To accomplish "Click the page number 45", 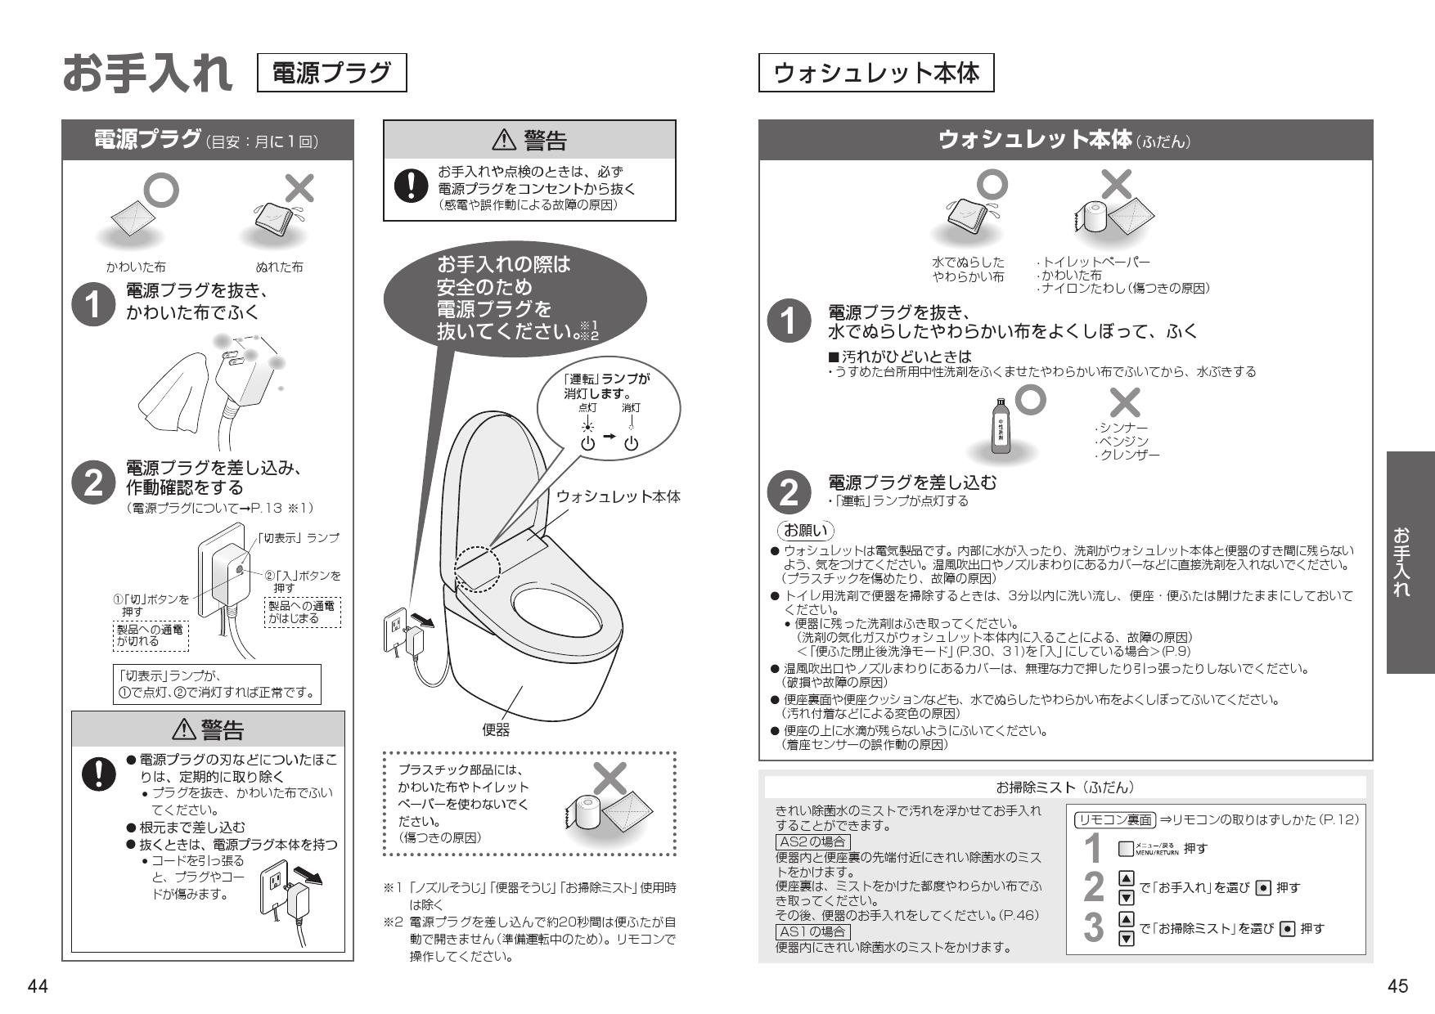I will click(1398, 987).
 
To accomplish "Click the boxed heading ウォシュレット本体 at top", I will click(875, 74).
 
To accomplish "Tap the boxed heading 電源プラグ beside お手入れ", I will click(331, 74).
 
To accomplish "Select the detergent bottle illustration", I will click(1001, 425).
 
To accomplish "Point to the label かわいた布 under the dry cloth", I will click(137, 267).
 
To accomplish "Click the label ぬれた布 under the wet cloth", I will click(279, 267).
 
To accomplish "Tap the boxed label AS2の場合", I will click(812, 841).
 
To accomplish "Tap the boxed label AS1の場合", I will click(812, 931).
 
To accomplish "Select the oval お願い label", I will click(807, 531).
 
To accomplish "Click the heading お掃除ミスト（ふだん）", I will click(1065, 787).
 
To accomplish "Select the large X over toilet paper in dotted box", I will click(609, 779).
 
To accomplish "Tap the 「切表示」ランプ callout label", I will click(299, 537).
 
